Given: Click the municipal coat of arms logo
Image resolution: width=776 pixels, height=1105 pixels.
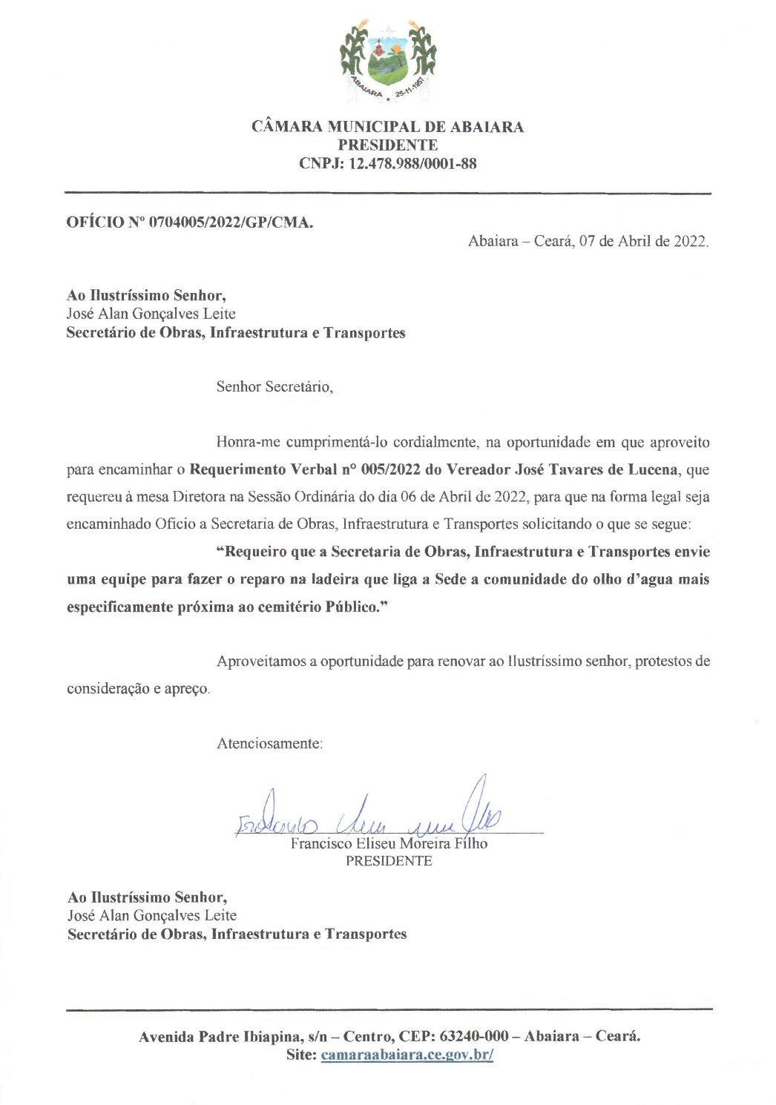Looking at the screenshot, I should point(388,62).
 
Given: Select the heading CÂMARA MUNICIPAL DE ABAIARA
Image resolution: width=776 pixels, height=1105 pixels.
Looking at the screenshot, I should point(387,127).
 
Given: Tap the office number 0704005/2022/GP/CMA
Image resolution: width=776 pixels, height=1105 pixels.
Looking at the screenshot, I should point(231,222).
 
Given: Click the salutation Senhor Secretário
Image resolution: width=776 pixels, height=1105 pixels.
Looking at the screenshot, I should point(274,386).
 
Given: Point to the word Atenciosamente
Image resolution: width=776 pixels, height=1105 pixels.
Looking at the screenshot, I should point(269,743).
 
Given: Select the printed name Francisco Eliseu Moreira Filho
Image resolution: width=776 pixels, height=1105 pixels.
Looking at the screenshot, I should point(389,844).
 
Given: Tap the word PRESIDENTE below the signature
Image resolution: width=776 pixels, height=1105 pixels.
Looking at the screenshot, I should point(389,861).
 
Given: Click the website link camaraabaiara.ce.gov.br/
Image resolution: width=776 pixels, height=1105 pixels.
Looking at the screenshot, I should point(407,1055).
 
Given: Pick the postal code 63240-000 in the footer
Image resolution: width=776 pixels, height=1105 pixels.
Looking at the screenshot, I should point(474,1036).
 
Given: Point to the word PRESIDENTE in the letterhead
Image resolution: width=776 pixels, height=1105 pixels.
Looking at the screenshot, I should point(387,145).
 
